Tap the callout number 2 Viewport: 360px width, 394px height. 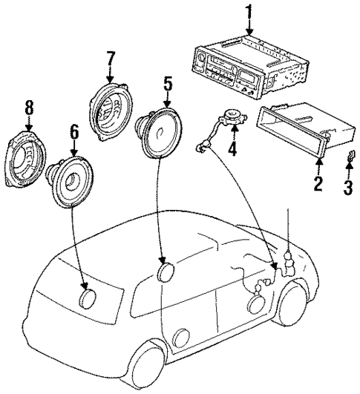tap(318, 183)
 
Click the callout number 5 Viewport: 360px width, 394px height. tap(168, 83)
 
